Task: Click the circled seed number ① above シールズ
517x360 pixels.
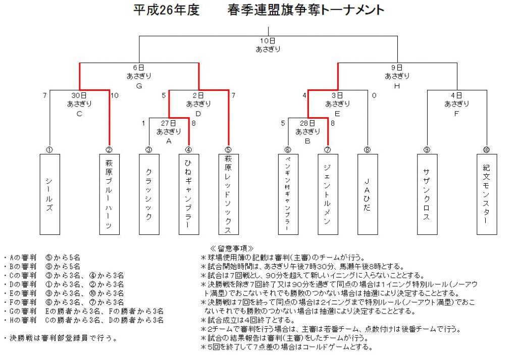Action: [x=49, y=150]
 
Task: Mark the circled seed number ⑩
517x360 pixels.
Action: [x=486, y=150]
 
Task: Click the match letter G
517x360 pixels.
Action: [x=139, y=86]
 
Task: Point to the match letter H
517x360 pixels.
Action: [x=397, y=86]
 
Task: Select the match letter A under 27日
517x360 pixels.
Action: [x=169, y=141]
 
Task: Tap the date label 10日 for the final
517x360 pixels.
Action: [x=268, y=41]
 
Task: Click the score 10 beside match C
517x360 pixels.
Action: [x=115, y=95]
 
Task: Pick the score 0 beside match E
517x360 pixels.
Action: [x=374, y=95]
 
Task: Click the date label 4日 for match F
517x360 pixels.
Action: [x=456, y=95]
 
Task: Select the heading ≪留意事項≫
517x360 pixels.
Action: [x=232, y=248]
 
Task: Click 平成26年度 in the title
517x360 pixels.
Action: [x=167, y=10]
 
